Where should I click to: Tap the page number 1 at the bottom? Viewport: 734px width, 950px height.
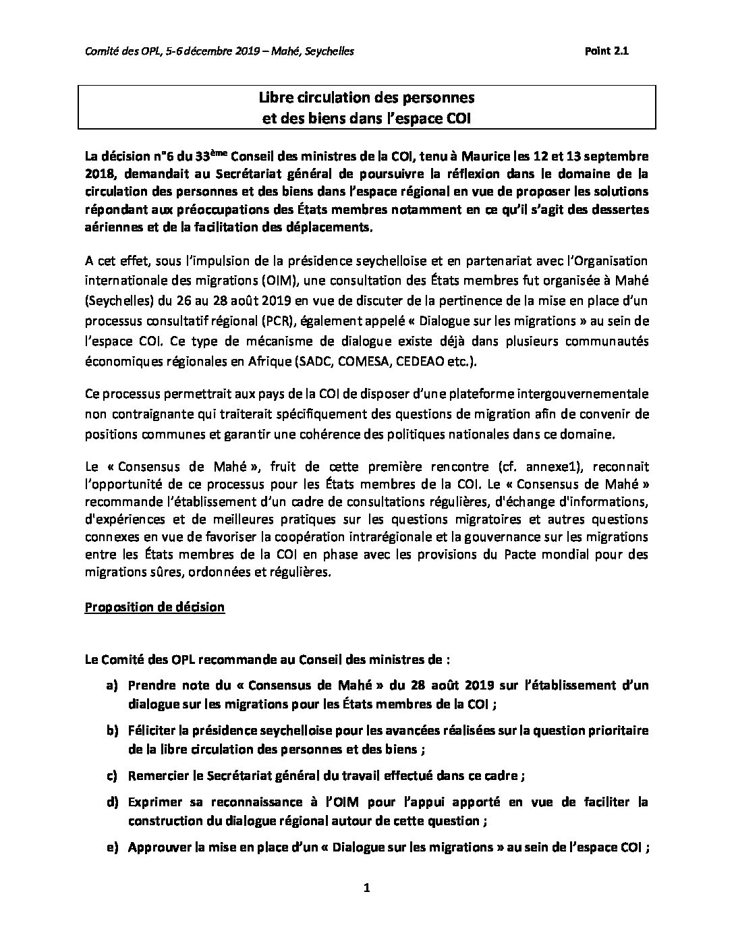[367, 888]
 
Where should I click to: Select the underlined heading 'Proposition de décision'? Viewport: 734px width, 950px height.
[154, 607]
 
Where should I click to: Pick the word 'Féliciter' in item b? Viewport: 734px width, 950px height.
[152, 730]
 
